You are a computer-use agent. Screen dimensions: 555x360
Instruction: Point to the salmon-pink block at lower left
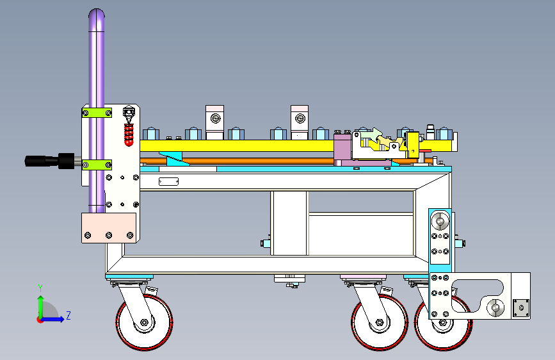click(x=109, y=227)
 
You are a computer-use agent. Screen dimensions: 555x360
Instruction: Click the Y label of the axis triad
click(x=40, y=288)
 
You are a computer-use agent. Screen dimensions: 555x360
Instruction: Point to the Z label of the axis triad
click(x=68, y=315)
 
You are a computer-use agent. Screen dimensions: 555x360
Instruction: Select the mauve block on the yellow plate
click(x=342, y=148)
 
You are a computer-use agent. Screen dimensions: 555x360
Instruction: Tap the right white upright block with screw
click(x=299, y=119)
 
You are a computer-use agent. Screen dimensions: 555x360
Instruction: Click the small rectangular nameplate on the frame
click(x=168, y=182)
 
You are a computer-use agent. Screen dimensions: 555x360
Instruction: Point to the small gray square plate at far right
click(x=522, y=308)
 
